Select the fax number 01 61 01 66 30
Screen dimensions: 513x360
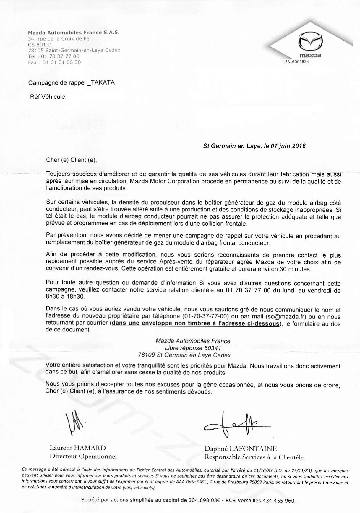point(61,62)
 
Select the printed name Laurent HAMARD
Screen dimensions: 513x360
point(77,448)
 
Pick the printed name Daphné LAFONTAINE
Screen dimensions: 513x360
point(241,449)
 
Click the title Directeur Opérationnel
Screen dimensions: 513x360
point(83,456)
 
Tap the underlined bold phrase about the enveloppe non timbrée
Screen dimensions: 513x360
point(196,323)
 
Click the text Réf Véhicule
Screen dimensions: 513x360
point(48,97)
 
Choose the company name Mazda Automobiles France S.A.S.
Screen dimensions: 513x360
point(74,33)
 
